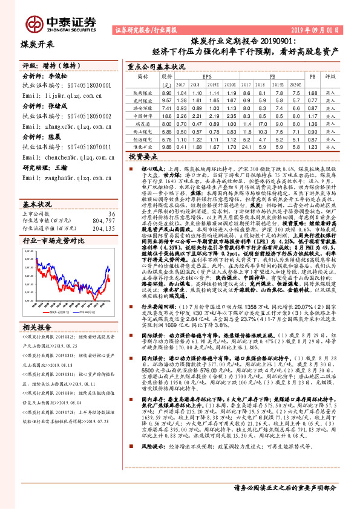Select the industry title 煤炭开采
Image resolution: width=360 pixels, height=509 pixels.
(38, 44)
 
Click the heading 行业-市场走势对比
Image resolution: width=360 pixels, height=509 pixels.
(51, 222)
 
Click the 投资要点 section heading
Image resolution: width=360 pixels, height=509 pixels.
(143, 155)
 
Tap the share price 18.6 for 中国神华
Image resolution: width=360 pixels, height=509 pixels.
(166, 115)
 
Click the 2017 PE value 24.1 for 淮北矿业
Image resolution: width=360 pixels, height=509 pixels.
(246, 146)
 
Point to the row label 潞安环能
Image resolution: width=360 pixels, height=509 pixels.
(143, 108)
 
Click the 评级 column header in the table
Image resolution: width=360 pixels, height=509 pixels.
(330, 77)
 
